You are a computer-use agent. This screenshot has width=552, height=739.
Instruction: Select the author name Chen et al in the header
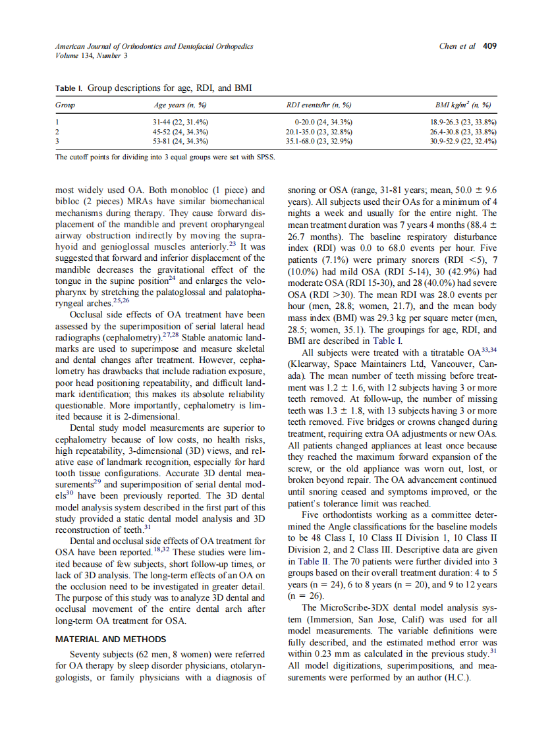[x=456, y=46]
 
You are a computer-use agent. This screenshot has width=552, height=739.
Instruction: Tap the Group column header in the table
[x=65, y=105]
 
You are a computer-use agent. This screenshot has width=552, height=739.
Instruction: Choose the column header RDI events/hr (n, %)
[x=318, y=105]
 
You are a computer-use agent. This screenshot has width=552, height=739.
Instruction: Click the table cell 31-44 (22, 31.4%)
[x=180, y=123]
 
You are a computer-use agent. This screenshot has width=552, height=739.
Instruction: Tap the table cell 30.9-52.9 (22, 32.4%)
[x=463, y=141]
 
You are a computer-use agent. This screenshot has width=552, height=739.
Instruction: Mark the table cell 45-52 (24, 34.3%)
[x=180, y=132]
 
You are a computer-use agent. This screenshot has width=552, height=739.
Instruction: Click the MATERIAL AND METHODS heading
[x=111, y=639]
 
